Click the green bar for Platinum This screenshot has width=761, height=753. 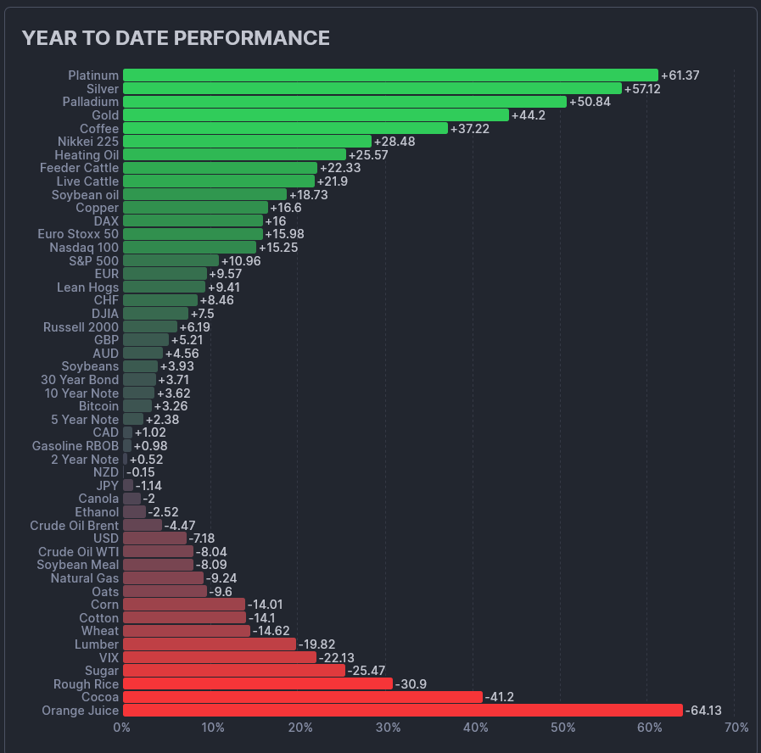tap(390, 75)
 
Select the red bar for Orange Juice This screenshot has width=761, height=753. tap(402, 711)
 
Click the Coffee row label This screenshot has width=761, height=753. tap(99, 128)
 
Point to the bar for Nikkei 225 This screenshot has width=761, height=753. tap(247, 142)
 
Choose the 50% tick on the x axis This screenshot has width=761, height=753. tap(562, 728)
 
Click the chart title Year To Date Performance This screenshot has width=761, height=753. tap(176, 38)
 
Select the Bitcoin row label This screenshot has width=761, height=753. tap(98, 406)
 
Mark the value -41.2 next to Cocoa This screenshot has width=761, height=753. tap(499, 697)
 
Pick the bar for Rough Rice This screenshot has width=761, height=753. tap(258, 683)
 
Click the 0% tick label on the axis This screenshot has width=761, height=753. tap(122, 728)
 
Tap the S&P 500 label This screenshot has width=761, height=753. tap(94, 260)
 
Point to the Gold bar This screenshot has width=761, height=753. tap(316, 115)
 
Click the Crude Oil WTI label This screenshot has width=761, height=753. tap(79, 552)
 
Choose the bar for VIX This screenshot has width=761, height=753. tap(219, 657)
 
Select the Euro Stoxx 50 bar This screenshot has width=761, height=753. tap(193, 234)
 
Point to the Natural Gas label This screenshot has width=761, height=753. tap(84, 578)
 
